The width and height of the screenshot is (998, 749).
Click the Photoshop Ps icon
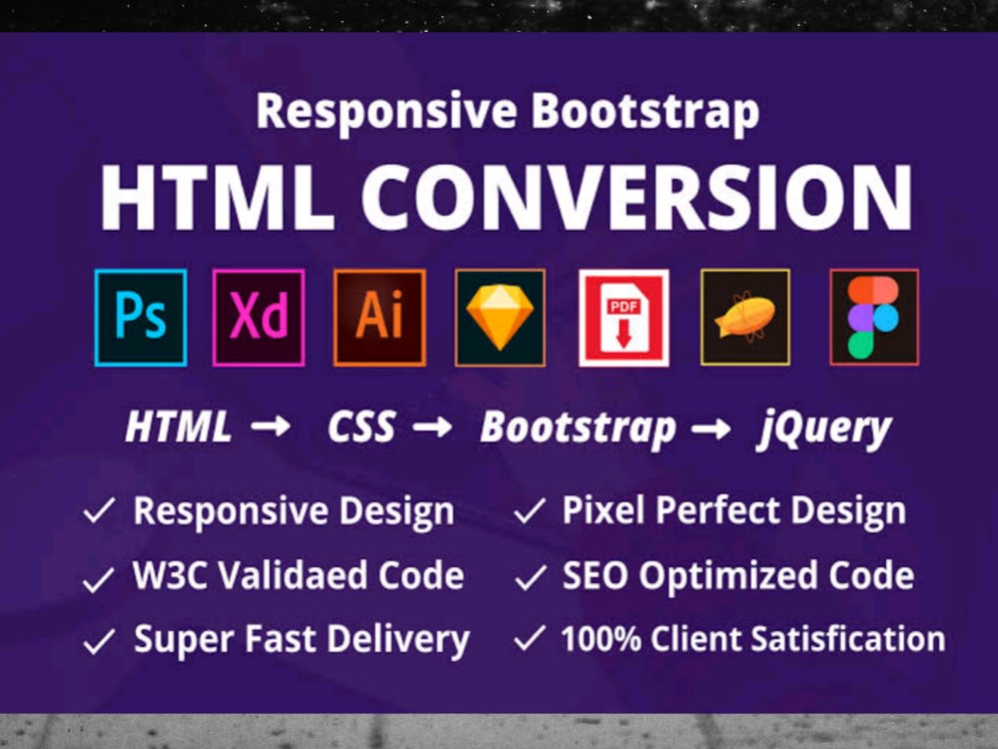pos(141,318)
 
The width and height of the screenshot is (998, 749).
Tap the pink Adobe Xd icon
pos(258,318)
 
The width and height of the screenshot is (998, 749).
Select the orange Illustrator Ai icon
pos(379,318)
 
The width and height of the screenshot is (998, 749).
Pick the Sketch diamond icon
pos(500,318)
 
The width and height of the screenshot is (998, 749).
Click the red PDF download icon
pos(624,318)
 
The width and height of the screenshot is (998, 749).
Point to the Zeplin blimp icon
pos(746,318)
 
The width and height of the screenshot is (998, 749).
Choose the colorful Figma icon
pos(873,318)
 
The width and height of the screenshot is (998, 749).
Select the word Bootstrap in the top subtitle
pos(645,111)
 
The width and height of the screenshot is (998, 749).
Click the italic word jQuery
pos(822,427)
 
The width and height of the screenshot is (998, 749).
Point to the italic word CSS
pos(361,427)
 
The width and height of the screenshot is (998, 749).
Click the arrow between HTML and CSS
pos(269,427)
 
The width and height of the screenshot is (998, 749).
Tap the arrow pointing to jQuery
pos(711,427)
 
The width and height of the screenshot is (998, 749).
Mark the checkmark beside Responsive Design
pos(100,512)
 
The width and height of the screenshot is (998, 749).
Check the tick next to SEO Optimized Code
pos(530,576)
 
